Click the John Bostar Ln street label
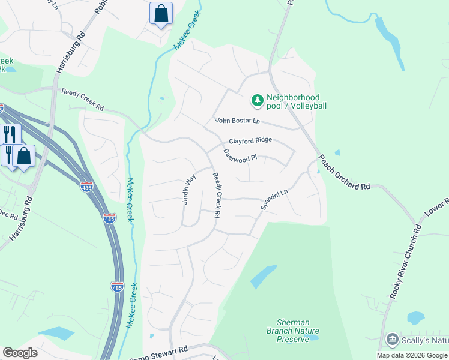[x=238, y=121]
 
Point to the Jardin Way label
[x=188, y=190]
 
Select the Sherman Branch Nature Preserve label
[x=293, y=331]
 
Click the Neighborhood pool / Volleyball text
[x=297, y=101]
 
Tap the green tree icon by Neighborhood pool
[x=258, y=101]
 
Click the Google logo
[x=20, y=353]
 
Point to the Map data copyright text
[x=412, y=355]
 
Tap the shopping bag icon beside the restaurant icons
[x=24, y=157]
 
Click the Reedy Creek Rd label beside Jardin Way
[x=217, y=195]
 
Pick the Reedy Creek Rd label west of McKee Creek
[x=83, y=100]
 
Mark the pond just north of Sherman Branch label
[x=264, y=276]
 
